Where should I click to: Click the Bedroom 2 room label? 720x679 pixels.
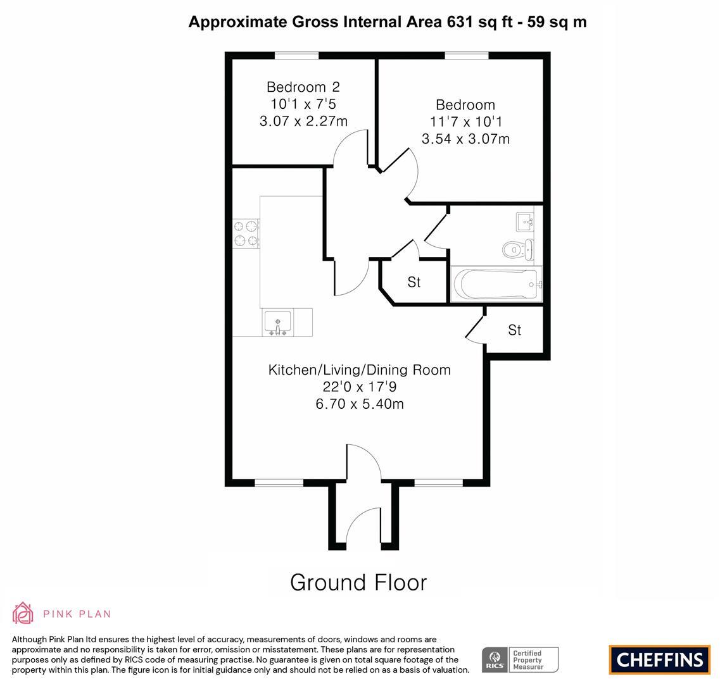pyautogui.click(x=303, y=87)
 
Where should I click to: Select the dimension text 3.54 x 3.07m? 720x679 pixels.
pyautogui.click(x=465, y=139)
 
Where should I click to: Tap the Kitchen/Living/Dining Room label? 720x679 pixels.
pyautogui.click(x=359, y=370)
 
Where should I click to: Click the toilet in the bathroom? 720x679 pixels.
pyautogui.click(x=517, y=249)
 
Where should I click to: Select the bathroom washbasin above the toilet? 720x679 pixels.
pyautogui.click(x=525, y=221)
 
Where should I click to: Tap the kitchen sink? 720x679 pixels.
pyautogui.click(x=277, y=322)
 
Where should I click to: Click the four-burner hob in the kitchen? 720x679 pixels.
pyautogui.click(x=246, y=232)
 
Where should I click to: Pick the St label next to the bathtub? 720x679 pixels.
pyautogui.click(x=414, y=282)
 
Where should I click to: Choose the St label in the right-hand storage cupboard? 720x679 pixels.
pyautogui.click(x=514, y=330)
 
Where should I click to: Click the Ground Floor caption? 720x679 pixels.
pyautogui.click(x=358, y=582)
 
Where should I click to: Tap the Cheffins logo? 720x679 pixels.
pyautogui.click(x=659, y=660)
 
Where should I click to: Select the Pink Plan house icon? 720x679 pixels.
pyautogui.click(x=23, y=613)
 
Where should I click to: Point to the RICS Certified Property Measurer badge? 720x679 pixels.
pyautogui.click(x=520, y=659)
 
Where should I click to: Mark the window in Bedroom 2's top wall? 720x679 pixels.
pyautogui.click(x=296, y=56)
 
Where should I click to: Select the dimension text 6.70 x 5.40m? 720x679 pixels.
pyautogui.click(x=359, y=404)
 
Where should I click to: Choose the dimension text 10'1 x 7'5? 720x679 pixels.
pyautogui.click(x=303, y=104)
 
